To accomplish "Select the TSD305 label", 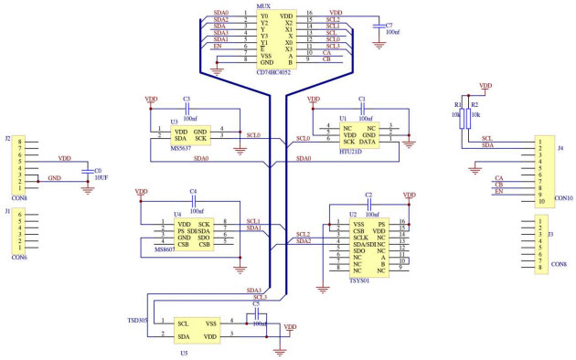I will click(x=138, y=322).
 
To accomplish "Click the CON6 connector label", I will click(x=19, y=257).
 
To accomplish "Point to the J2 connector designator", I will click(x=8, y=139).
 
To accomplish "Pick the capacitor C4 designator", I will click(x=193, y=192).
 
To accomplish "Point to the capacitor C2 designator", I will click(x=368, y=196).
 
